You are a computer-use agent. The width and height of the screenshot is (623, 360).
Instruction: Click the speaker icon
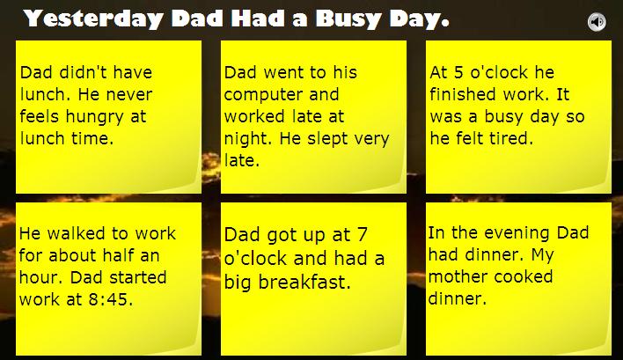pyautogui.click(x=597, y=21)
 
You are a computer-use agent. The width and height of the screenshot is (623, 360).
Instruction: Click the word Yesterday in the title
pyautogui.click(x=93, y=19)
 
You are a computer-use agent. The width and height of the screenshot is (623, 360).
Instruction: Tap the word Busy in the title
pyautogui.click(x=348, y=19)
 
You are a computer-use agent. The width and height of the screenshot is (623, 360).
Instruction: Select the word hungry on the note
pyautogui.click(x=94, y=117)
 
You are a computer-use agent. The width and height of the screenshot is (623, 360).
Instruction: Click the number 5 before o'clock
pyautogui.click(x=458, y=72)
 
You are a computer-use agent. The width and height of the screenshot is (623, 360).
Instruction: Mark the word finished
pyautogui.click(x=462, y=94)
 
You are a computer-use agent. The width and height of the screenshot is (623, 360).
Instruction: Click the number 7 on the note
pyautogui.click(x=362, y=234)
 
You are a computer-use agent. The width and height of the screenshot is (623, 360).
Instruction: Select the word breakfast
pyautogui.click(x=304, y=283)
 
